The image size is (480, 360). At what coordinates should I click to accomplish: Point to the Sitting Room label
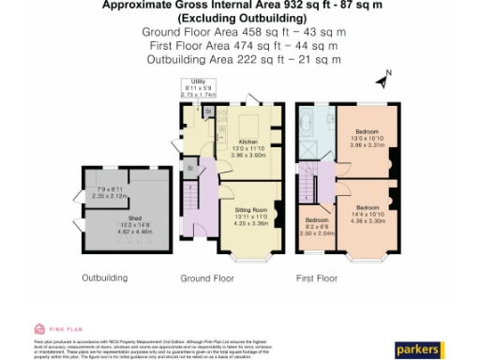250,216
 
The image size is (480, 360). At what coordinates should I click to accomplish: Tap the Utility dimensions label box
198,88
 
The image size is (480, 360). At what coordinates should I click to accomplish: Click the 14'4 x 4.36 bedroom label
367,213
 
